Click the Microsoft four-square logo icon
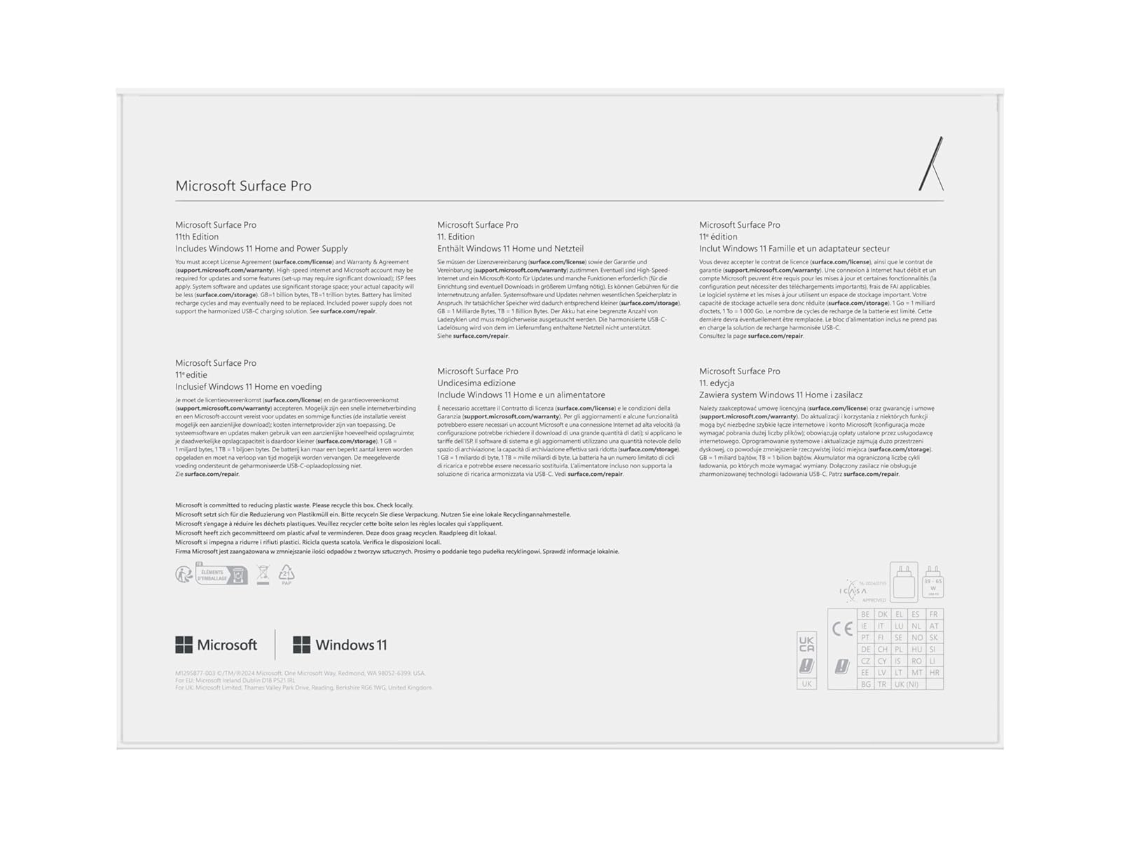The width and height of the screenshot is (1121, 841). tap(184, 645)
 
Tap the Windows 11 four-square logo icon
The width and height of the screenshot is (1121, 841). tap(301, 645)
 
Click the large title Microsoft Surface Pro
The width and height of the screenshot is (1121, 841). tap(243, 186)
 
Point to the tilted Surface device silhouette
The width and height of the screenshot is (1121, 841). tap(932, 165)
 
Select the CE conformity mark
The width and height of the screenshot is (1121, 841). tap(842, 629)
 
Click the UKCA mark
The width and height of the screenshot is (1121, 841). tap(806, 643)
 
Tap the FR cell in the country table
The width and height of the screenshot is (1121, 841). tap(934, 615)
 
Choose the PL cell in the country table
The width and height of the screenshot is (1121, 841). tap(899, 650)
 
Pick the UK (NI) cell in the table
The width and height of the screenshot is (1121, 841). tap(907, 684)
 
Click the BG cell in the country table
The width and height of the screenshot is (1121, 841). tap(865, 684)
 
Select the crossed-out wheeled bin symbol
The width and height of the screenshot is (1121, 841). tap(263, 575)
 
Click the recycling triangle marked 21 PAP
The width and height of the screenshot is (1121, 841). tap(287, 575)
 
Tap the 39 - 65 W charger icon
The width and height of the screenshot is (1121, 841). tap(933, 582)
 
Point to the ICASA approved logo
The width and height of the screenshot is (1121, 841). tap(858, 591)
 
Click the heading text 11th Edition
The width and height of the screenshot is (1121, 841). tap(197, 237)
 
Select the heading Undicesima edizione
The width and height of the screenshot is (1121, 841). tap(476, 383)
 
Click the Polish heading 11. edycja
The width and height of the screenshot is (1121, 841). tap(716, 383)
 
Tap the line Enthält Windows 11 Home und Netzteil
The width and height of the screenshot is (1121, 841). tap(510, 249)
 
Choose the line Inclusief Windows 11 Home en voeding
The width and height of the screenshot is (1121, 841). tap(248, 387)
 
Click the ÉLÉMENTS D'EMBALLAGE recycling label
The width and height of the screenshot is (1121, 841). tap(221, 575)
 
